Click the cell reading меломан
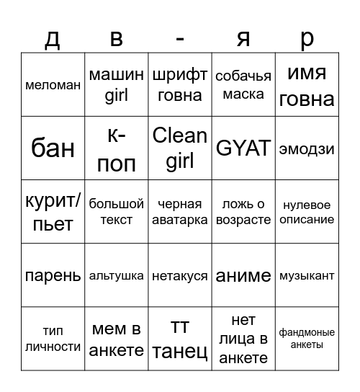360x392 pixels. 53,85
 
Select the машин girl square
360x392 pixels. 116,85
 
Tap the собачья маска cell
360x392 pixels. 243,85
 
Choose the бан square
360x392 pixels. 53,148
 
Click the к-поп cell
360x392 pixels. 116,148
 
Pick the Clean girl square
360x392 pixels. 180,148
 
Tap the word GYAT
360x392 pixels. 243,148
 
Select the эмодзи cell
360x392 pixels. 307,148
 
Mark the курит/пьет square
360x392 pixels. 53,212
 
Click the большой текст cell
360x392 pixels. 116,212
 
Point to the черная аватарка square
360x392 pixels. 180,212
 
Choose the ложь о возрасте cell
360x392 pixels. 243,212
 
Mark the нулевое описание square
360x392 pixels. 307,212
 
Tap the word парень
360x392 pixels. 53,275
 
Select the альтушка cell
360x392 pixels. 116,275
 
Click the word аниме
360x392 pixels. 243,275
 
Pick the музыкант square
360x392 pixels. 307,275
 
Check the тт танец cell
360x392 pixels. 180,339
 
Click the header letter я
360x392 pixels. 243,38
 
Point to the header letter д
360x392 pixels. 53,38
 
